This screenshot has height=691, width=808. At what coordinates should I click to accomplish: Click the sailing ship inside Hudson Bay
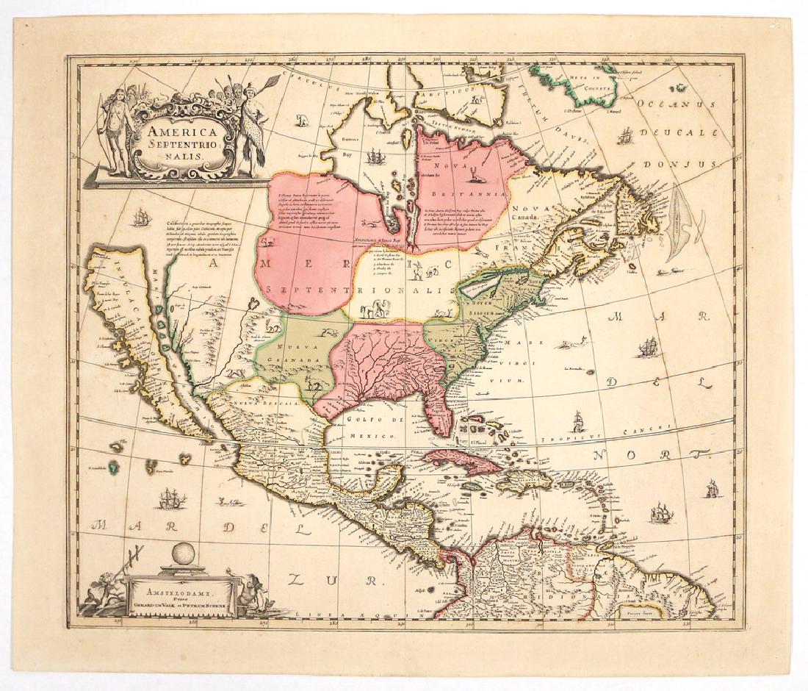click(375, 156)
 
